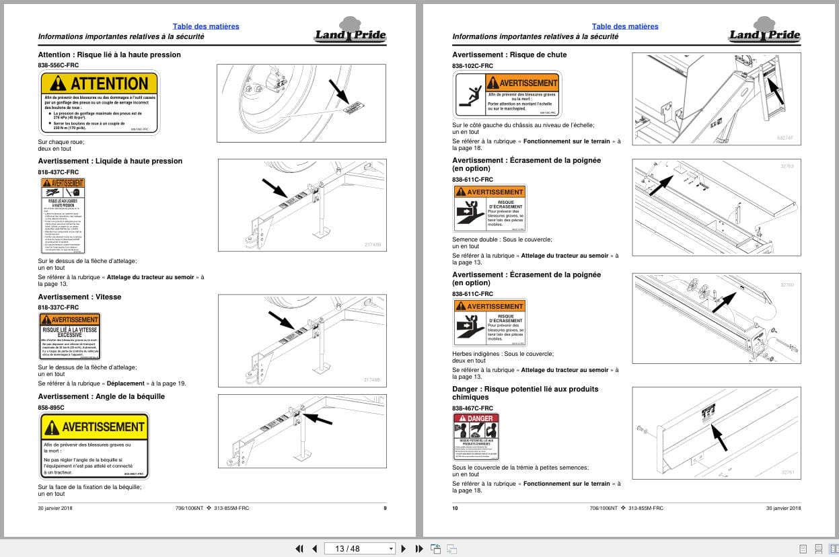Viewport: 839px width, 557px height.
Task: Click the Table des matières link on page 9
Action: click(206, 26)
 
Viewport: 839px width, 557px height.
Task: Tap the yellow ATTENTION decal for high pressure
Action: click(100, 103)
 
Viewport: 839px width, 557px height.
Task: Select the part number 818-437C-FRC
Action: click(59, 172)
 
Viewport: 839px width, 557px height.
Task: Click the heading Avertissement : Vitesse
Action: click(79, 297)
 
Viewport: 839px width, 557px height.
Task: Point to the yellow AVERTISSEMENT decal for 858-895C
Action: click(94, 446)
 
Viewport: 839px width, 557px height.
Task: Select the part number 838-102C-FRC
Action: click(472, 66)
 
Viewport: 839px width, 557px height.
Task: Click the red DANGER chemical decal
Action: click(476, 437)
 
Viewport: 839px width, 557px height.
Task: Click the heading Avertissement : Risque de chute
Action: click(509, 54)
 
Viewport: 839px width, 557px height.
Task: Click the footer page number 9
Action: click(385, 508)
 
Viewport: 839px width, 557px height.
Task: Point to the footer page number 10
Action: click(455, 508)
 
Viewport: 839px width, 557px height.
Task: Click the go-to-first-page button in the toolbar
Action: click(299, 548)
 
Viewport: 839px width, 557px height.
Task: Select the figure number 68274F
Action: click(785, 138)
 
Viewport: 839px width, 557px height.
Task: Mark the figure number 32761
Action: click(787, 472)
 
